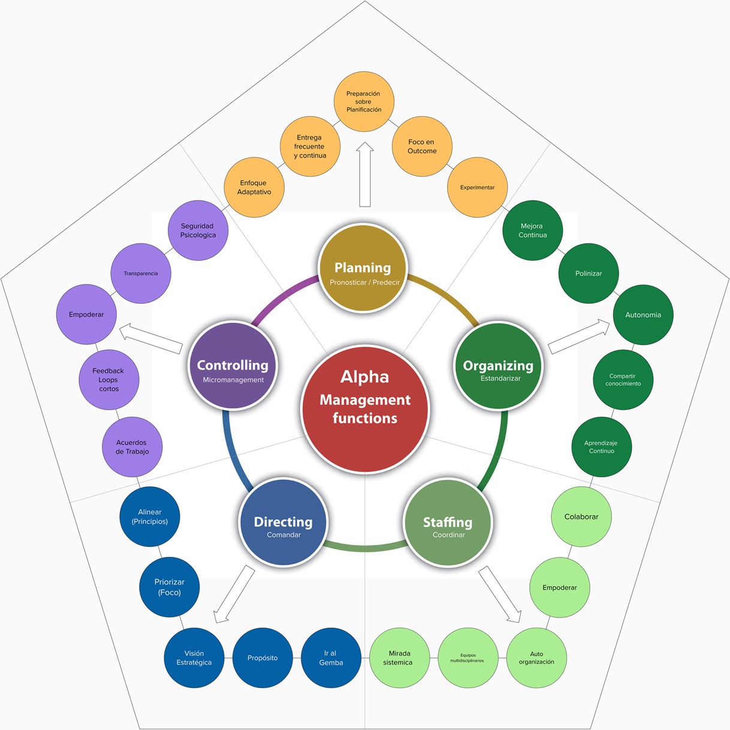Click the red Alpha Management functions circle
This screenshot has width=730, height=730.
(x=365, y=409)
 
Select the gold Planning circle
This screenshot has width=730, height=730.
(x=363, y=268)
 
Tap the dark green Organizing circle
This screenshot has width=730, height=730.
(x=498, y=366)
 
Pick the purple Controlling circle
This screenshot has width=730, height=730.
(x=233, y=366)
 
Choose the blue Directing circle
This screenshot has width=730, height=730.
(x=283, y=522)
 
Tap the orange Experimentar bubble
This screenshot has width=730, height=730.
(x=478, y=187)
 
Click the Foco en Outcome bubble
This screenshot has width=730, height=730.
(x=422, y=147)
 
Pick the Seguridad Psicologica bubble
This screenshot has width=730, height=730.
(x=198, y=231)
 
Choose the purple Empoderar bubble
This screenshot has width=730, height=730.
(x=86, y=314)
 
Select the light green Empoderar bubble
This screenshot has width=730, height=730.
(x=560, y=587)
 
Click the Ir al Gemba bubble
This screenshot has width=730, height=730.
(x=331, y=658)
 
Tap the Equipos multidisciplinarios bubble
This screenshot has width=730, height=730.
(x=468, y=658)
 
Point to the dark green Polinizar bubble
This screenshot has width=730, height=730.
(x=589, y=273)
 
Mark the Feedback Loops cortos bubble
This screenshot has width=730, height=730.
(x=109, y=380)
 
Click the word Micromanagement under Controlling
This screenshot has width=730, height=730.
(x=233, y=380)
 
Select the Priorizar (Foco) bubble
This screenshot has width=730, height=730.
(x=170, y=587)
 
